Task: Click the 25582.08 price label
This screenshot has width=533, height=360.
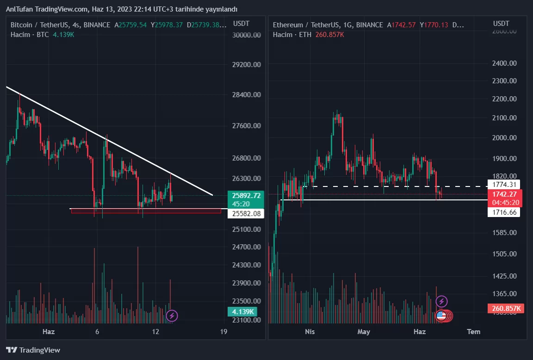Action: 245,214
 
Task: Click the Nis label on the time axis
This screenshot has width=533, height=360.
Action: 310,331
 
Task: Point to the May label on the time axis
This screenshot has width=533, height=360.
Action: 364,331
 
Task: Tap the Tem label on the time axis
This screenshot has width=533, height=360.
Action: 473,331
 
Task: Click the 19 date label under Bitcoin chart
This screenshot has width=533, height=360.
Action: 224,331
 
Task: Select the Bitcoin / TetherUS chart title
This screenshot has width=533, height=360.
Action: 38,25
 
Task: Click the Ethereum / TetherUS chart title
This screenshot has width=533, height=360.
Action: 303,25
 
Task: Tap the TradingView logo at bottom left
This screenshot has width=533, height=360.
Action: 33,350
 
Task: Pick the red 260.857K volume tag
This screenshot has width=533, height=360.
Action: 506,308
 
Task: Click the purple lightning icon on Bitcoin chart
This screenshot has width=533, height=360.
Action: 172,316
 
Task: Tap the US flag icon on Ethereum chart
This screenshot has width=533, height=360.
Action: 441,316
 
